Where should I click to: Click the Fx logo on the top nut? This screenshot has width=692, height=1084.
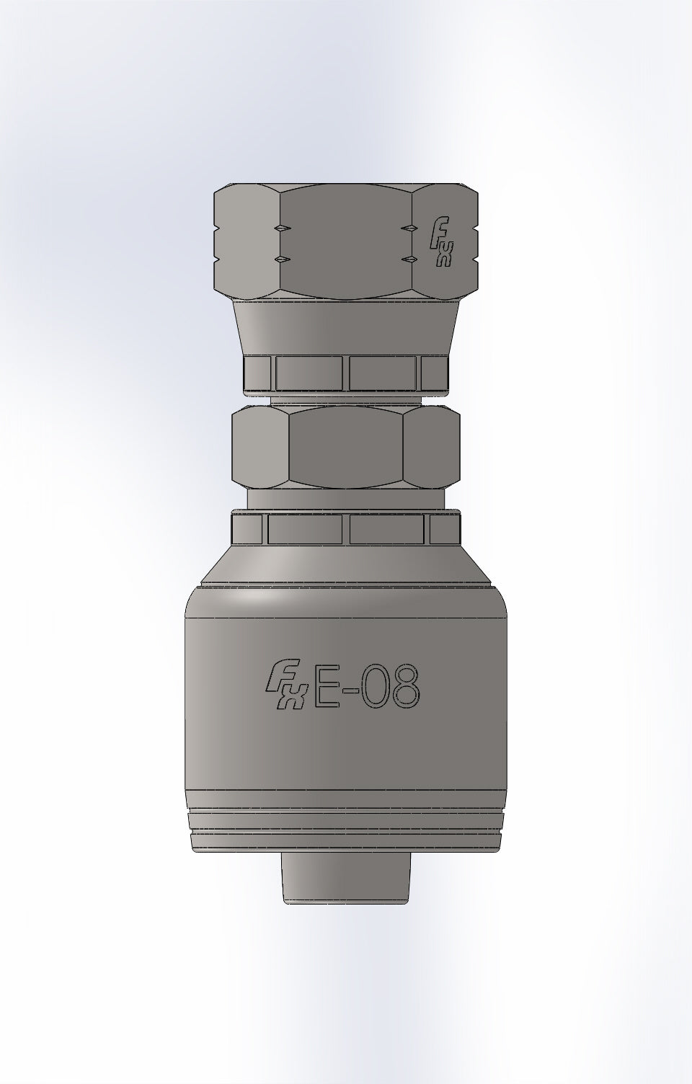coord(440,243)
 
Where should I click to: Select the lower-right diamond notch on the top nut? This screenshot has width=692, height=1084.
coord(409,259)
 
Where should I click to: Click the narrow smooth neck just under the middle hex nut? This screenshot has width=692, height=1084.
coord(346,500)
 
